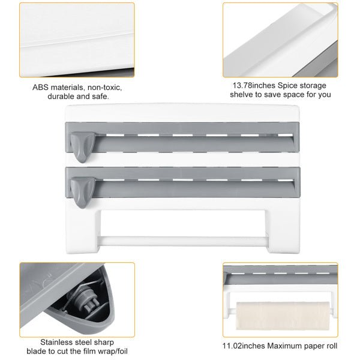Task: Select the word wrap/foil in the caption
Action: (112, 351)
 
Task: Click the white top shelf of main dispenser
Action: (183, 113)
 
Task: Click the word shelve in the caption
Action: (242, 95)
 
